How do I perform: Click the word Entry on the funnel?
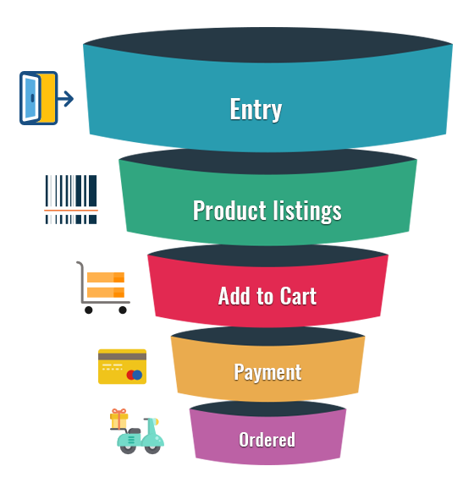256,109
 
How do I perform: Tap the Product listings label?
267,211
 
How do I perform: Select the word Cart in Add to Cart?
294,296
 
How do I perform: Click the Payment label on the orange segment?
267,372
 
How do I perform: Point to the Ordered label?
267,440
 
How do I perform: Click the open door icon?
39,98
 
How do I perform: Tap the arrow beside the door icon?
66,98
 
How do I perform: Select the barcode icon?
71,200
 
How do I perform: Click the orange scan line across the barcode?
71,211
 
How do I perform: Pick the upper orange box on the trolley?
106,277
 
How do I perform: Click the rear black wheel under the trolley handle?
89,310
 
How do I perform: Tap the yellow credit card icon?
123,366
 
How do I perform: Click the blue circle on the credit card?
137,375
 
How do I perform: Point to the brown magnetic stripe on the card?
123,356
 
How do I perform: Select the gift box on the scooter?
118,419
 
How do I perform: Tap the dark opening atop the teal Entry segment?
267,45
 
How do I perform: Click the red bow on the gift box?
118,412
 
